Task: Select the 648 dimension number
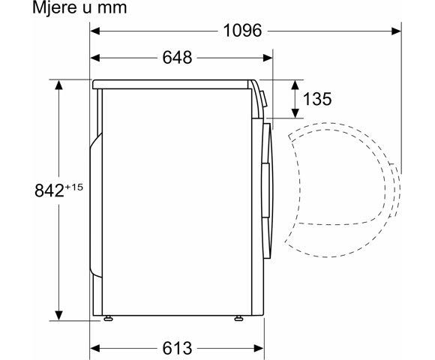[x=176, y=58]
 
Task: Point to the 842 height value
[x=35, y=191]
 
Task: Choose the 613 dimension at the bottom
[x=176, y=348]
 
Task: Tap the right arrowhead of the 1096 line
[x=397, y=31]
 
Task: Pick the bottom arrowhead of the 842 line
[x=58, y=315]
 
